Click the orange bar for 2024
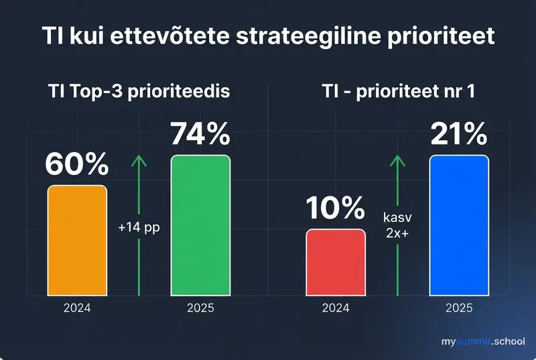tap(76, 240)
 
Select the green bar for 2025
tap(200, 225)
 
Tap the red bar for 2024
tap(336, 262)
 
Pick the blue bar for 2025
tap(459, 225)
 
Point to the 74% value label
tap(200, 134)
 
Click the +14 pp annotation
tap(139, 227)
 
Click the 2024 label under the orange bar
tap(76, 309)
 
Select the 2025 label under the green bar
tap(200, 309)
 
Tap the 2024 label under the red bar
tap(336, 309)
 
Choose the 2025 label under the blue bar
tap(459, 309)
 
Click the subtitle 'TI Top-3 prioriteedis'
tap(139, 92)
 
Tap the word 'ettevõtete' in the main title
tap(165, 36)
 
